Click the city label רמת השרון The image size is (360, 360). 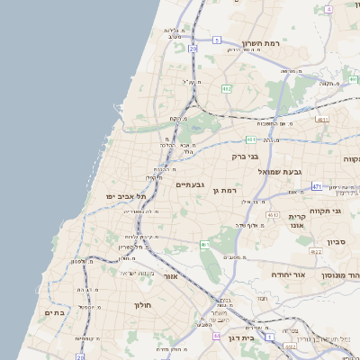(x=260, y=42)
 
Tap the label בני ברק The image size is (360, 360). (x=245, y=156)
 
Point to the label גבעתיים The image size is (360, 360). (x=192, y=184)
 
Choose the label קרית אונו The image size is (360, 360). (x=298, y=220)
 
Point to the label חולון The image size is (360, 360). (x=142, y=305)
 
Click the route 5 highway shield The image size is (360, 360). (x=217, y=40)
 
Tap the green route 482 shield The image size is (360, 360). (x=226, y=88)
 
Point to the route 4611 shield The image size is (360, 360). (x=322, y=118)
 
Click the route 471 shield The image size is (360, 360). (x=317, y=186)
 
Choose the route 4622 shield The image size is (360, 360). (x=316, y=252)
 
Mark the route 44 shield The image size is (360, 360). (x=216, y=336)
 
